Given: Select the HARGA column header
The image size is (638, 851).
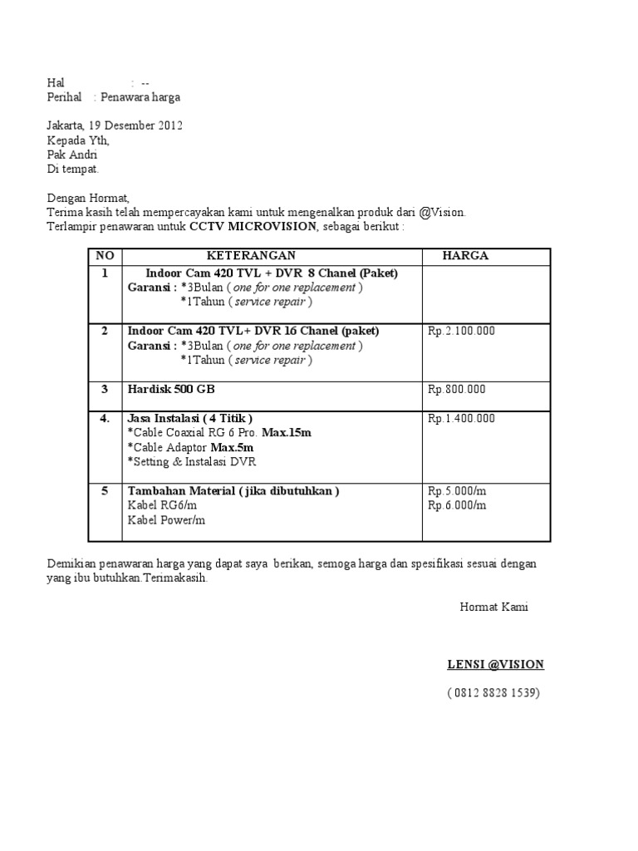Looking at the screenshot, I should click(x=465, y=256).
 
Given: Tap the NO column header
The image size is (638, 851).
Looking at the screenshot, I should click(x=105, y=256).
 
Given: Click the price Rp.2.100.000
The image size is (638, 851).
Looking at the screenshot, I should click(x=461, y=331).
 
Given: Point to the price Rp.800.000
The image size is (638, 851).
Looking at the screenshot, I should click(x=457, y=389).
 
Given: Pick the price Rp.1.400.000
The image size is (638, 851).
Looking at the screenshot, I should click(x=461, y=418).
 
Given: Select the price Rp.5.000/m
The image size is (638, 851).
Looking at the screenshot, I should click(x=457, y=491).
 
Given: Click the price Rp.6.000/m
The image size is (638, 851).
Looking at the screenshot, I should click(x=457, y=504).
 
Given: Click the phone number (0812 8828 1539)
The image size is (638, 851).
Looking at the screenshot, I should click(x=493, y=692).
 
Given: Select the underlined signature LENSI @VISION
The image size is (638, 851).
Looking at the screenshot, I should click(x=495, y=664).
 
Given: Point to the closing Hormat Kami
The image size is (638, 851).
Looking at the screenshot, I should click(x=493, y=607).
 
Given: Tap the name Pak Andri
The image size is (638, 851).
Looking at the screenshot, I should click(x=72, y=155).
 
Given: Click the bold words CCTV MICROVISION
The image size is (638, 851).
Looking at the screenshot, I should click(x=253, y=227).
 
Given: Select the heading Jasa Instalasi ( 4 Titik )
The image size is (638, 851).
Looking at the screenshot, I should click(x=190, y=418).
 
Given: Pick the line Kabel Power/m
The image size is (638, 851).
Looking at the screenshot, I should click(x=166, y=520).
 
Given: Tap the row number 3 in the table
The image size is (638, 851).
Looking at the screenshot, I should click(x=105, y=389).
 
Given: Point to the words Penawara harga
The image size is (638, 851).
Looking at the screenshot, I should click(x=140, y=97).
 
